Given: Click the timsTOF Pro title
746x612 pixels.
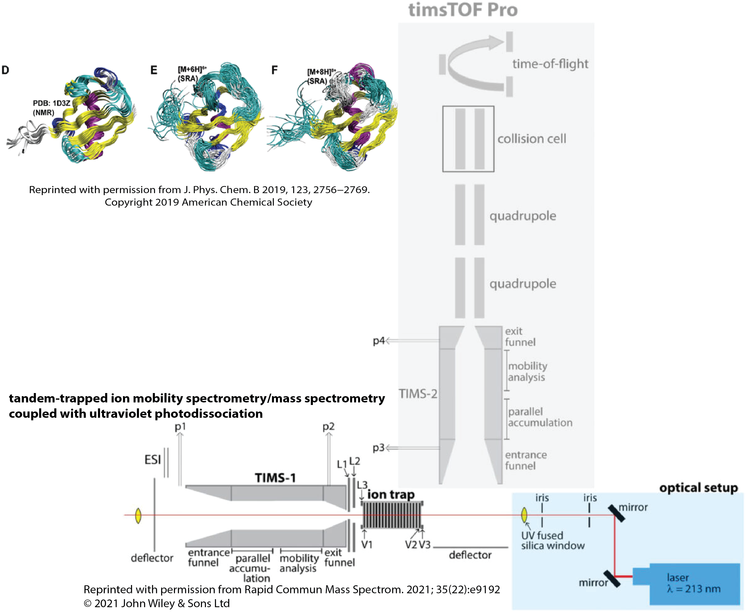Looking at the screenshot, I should coord(463,10).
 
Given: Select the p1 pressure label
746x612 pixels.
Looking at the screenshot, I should coord(180,427).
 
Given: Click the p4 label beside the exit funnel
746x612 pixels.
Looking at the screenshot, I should coord(379,341).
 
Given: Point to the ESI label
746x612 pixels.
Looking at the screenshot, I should coord(152,460).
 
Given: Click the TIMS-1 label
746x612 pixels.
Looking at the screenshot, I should coord(275,478).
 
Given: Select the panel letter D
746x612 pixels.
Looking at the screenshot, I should coord(5,70).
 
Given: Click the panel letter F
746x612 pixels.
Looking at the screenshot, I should coord(275,70).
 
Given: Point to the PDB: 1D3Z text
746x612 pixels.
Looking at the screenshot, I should coord(51,103).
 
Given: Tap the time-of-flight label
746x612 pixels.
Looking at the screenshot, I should coord(550,64).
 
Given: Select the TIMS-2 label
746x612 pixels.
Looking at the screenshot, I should coord(418,394).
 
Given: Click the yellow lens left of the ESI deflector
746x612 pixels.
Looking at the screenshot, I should coord(138,515).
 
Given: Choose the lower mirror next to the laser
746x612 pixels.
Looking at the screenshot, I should coord(612,578).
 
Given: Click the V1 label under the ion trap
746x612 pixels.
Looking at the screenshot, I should coord(367,545).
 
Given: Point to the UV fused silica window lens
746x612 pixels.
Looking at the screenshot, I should coord(524,515).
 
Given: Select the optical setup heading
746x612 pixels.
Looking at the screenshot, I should coord(698,488).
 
